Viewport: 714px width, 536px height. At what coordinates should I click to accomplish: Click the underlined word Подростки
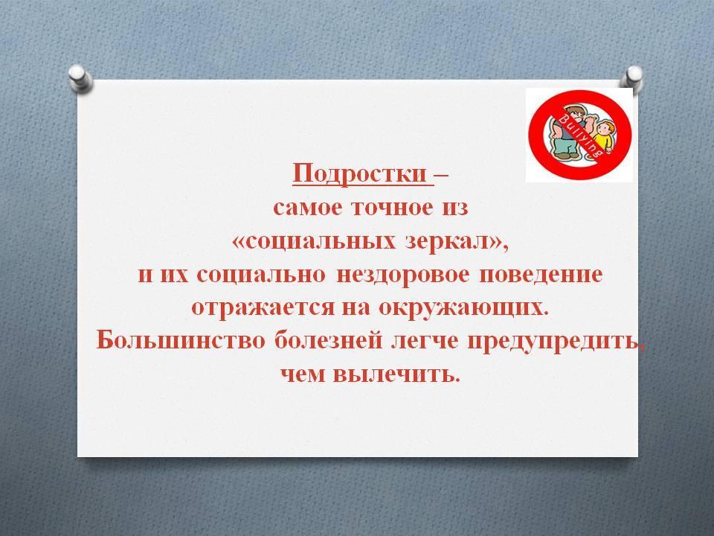(x=359, y=173)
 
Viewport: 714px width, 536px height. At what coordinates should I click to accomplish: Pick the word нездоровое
(x=402, y=275)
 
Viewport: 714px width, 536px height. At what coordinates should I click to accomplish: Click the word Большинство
(x=181, y=342)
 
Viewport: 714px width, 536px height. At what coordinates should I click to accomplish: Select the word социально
(x=262, y=276)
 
